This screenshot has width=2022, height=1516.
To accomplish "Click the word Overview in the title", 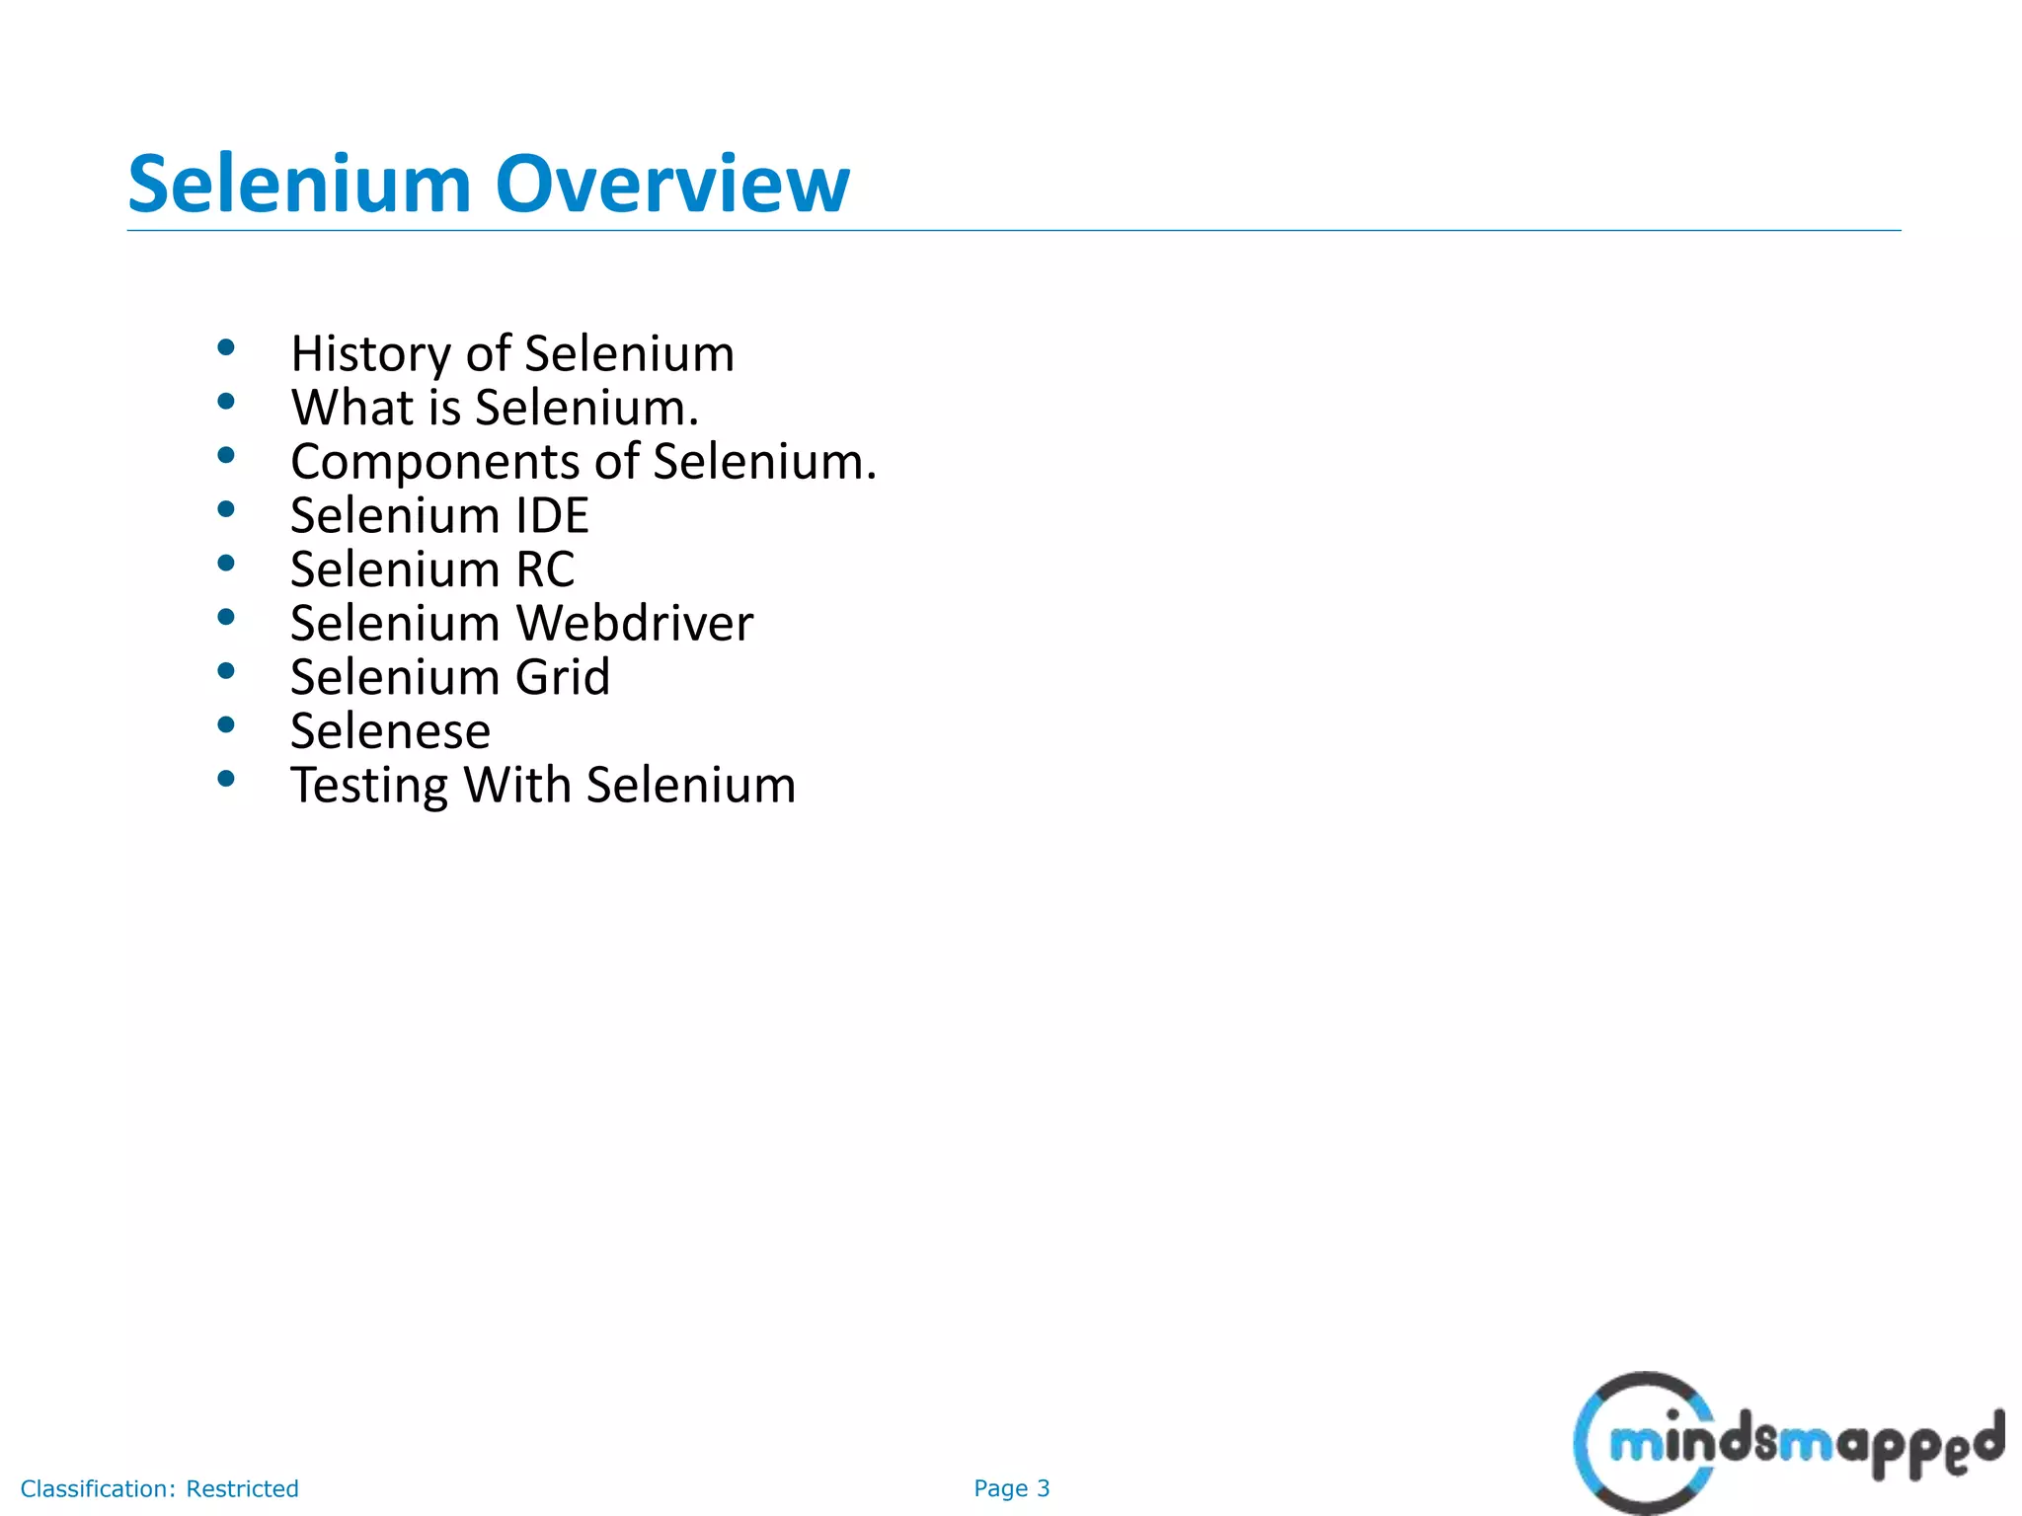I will pos(671,185).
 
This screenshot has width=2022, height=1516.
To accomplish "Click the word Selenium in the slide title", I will pos(300,185).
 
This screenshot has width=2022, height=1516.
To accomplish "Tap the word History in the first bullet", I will pos(370,353).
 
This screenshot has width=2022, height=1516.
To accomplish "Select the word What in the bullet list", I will pos(351,408).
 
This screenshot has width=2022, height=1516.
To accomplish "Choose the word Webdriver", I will pos(635,623).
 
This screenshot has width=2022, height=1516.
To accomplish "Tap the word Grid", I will pos(563,677).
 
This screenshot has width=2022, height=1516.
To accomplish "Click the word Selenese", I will pos(390,731).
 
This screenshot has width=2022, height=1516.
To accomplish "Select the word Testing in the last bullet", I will pos(369,787).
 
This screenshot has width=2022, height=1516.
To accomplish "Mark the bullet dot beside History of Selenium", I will pos(226,347).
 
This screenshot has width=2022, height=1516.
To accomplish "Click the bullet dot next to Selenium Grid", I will pos(226,671).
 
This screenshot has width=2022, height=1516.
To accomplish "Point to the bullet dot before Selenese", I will pos(226,725).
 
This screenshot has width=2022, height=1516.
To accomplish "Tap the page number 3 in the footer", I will pos(1043,1488).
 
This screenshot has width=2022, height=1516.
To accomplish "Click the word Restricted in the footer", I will pos(242,1488).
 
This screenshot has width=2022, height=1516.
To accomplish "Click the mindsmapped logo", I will pos(1787,1443).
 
